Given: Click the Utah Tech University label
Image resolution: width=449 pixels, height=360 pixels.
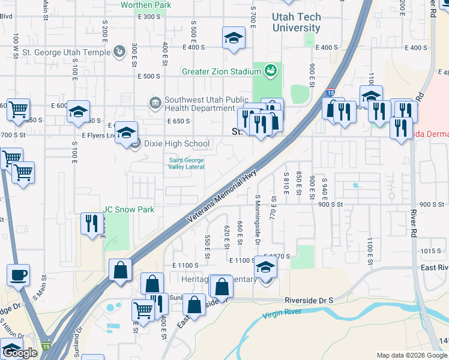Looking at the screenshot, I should click(296, 22).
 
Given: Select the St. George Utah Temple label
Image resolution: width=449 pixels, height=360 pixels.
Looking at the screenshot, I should click(66, 52).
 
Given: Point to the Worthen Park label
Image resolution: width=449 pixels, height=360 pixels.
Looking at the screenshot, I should click(146, 5).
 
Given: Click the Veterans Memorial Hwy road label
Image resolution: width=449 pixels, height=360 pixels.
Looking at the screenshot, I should click(222, 199).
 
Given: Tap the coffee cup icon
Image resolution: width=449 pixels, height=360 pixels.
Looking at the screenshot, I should click(18, 275).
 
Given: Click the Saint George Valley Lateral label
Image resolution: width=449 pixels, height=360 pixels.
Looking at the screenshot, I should click(186, 164).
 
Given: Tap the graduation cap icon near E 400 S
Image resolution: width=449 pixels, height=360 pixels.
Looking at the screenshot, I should click(234, 38).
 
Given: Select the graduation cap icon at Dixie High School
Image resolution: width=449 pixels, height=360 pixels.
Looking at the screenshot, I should click(126, 133).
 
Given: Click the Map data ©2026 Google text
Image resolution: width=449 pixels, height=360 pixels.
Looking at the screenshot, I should click(411, 355).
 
